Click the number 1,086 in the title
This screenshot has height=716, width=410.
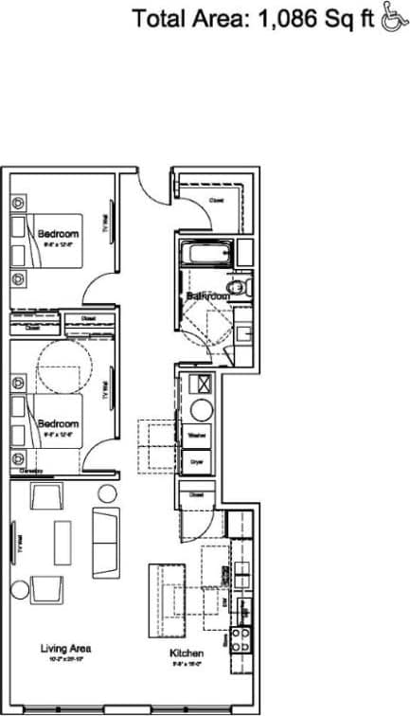tap(282, 18)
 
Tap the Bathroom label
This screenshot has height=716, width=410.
tap(208, 296)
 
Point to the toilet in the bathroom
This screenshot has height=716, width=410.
tap(238, 285)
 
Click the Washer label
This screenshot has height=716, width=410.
tap(197, 435)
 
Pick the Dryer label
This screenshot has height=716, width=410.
tap(197, 461)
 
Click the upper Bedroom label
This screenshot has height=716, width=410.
tap(59, 232)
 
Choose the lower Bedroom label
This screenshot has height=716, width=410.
tap(59, 424)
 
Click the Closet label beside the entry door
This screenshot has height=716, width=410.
tap(217, 201)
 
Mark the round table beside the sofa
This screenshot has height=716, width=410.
tap(106, 492)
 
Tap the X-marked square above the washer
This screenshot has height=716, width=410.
tap(201, 385)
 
